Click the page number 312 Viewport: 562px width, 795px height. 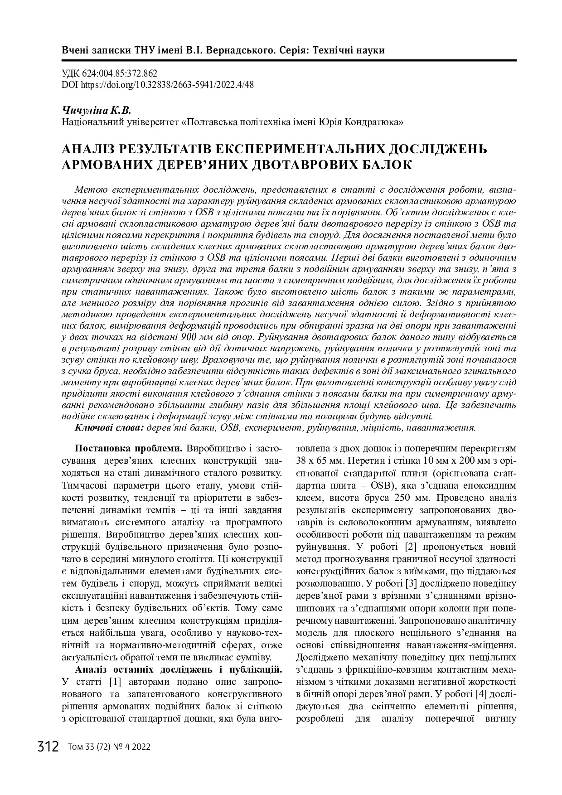point(48,747)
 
